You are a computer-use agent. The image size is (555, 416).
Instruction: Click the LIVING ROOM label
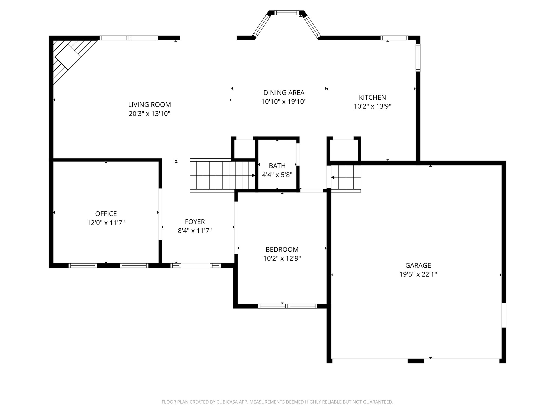[150, 105]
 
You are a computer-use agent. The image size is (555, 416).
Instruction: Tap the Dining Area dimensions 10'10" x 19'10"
[284, 102]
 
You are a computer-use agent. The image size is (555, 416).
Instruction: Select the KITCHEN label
[372, 97]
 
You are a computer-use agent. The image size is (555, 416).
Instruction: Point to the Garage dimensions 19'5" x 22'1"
[418, 274]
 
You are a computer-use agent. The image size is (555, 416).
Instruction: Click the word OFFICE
[106, 214]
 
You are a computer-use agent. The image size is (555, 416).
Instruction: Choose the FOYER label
[195, 222]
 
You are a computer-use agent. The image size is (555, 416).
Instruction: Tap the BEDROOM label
[282, 249]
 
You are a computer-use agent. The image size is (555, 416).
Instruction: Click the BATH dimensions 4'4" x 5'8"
[277, 175]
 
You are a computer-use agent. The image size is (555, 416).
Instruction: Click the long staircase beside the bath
[223, 175]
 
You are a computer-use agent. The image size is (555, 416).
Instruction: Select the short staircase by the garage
[346, 177]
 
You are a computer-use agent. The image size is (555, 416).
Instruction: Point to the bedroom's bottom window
[288, 306]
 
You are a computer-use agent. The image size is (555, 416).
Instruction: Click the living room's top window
[129, 38]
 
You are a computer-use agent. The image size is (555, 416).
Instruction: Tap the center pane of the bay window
[286, 12]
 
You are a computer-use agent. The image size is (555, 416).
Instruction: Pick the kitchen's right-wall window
[418, 57]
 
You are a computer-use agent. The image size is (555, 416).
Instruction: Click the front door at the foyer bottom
[195, 265]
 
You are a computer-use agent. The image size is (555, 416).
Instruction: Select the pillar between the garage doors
[416, 361]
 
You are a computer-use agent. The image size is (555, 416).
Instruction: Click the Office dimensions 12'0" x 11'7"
[106, 223]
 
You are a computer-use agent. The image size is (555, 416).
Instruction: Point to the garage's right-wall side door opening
[504, 315]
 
